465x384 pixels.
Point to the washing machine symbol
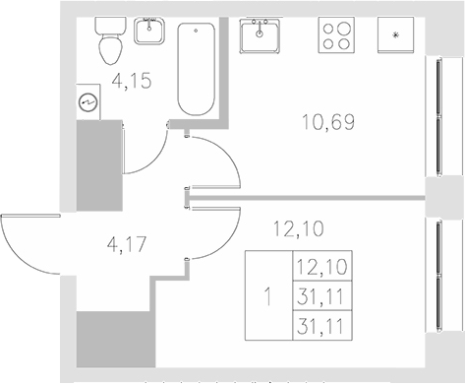[x=87, y=100]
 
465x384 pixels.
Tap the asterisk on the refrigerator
[x=396, y=37]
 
